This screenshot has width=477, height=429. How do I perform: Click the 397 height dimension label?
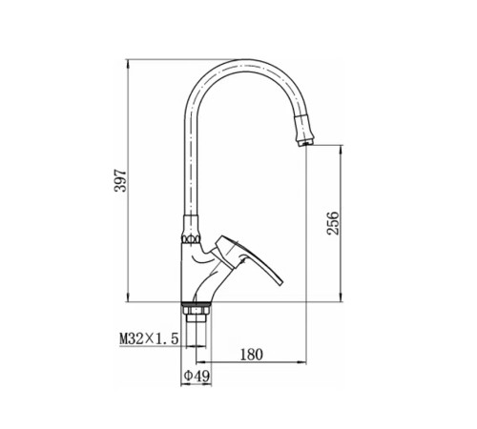[x=121, y=181]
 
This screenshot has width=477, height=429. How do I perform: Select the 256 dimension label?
[x=333, y=223]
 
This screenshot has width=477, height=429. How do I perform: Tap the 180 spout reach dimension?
[x=252, y=355]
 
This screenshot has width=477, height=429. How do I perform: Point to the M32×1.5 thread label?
[x=149, y=338]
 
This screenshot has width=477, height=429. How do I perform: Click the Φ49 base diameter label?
[x=197, y=377]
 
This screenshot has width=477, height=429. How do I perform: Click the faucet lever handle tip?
[x=280, y=283]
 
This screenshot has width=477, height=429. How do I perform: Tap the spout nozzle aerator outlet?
[x=306, y=144]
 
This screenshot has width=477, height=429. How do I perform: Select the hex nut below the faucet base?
[x=196, y=310]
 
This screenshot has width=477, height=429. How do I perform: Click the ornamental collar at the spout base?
[x=191, y=238]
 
